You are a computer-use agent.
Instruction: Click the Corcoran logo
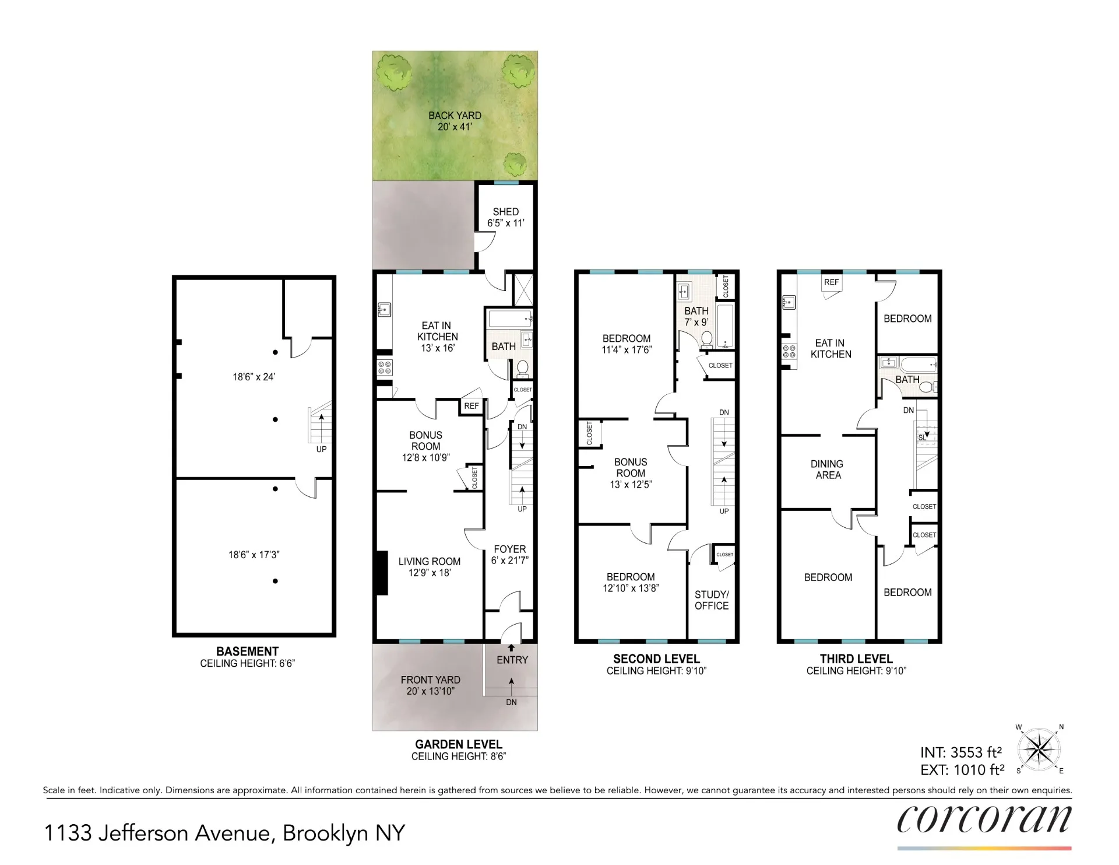tap(984, 820)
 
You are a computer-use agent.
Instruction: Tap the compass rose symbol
tap(1039, 749)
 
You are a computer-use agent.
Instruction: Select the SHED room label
tap(505, 212)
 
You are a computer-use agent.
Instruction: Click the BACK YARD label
tap(455, 115)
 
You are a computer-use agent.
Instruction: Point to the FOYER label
tap(509, 549)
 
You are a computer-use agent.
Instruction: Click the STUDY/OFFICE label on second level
tap(712, 600)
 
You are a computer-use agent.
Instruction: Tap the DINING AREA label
tap(828, 470)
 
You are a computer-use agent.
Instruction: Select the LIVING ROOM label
tap(430, 562)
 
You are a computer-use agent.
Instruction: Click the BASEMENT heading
tap(247, 652)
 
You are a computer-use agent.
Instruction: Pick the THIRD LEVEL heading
tap(856, 659)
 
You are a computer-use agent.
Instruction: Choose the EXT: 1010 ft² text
tap(962, 771)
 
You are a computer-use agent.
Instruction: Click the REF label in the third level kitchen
tap(831, 282)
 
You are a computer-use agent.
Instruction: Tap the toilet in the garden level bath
tap(522, 368)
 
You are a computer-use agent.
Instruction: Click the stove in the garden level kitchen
tap(385, 367)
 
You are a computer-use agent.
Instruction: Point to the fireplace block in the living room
tap(382, 573)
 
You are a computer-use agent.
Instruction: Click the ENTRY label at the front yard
tap(512, 660)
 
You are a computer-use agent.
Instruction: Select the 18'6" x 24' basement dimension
tap(254, 377)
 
